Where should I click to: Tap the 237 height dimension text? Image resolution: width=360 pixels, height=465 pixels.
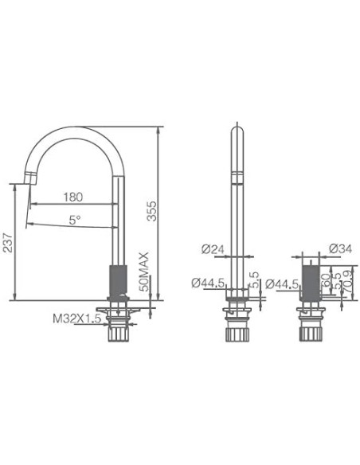8,248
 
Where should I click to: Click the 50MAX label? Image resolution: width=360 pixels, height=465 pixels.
144,272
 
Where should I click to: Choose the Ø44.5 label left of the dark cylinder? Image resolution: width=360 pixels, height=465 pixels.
281,283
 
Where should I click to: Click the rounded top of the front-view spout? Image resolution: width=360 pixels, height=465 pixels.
237,128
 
